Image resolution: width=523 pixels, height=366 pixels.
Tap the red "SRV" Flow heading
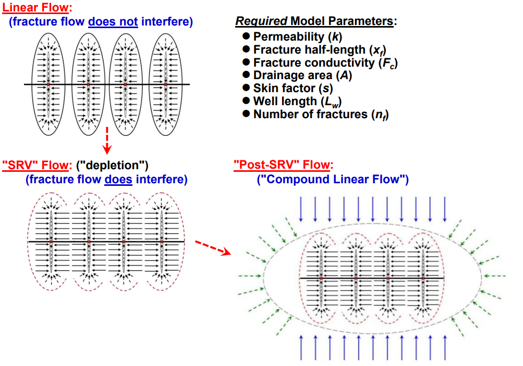pyautogui.click(x=36, y=166)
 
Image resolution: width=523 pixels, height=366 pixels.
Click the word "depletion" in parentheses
pyautogui.click(x=112, y=166)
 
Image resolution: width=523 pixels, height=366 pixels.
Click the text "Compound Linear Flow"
pyautogui.click(x=333, y=180)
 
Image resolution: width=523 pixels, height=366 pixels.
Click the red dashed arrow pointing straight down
pyautogui.click(x=107, y=140)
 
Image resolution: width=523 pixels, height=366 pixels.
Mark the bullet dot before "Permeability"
pyautogui.click(x=247, y=37)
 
